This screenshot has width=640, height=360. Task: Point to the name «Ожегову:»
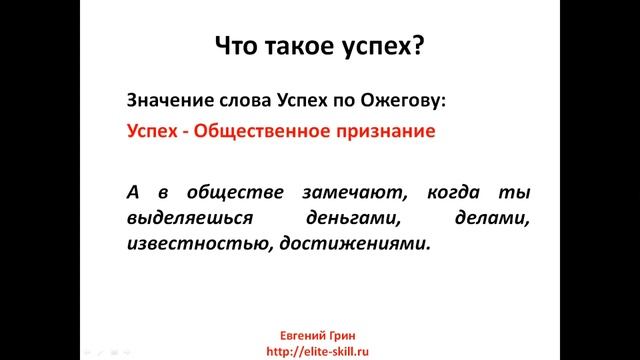pyautogui.click(x=405, y=101)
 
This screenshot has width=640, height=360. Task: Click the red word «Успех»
pyautogui.click(x=152, y=130)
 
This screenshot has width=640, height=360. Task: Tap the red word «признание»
pyautogui.click(x=386, y=130)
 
